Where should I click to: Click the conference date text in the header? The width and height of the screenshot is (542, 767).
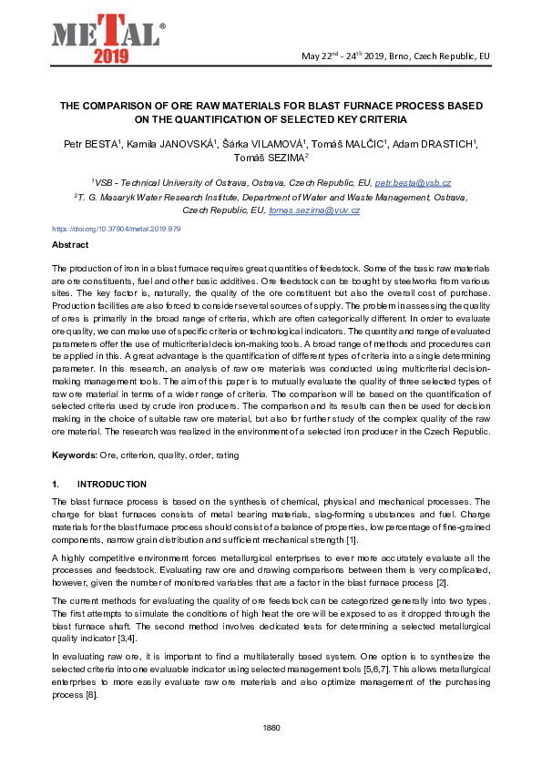(395, 56)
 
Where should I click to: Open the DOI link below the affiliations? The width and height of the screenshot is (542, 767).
(116, 230)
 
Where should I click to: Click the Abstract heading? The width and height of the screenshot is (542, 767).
(70, 245)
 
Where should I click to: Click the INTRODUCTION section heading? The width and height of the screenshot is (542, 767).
(111, 484)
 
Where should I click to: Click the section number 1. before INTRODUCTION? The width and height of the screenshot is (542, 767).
(56, 484)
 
